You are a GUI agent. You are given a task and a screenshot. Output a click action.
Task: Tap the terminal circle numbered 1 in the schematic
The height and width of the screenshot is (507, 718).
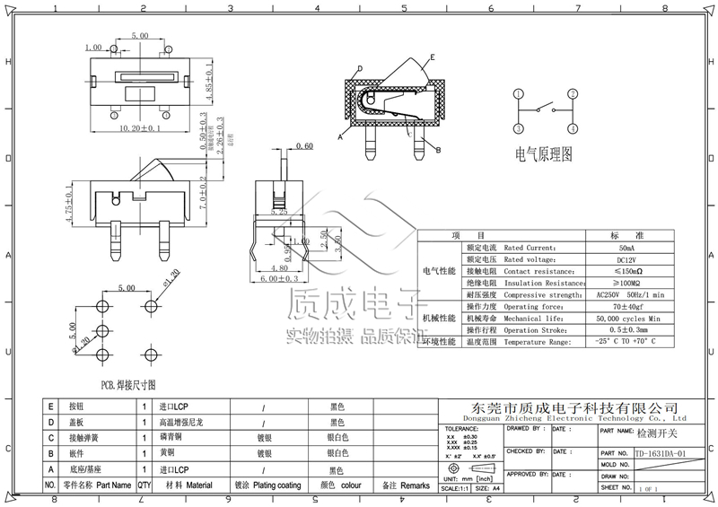click(x=519, y=93)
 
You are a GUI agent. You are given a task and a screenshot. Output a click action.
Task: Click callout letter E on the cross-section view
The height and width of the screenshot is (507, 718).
click(x=432, y=57)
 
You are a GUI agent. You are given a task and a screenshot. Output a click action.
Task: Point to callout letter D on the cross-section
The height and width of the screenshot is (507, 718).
click(x=359, y=69)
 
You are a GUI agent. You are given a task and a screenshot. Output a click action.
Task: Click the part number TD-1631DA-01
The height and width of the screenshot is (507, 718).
click(x=660, y=454)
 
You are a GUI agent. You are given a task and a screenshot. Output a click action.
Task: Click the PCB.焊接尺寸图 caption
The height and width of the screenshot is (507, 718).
click(x=127, y=382)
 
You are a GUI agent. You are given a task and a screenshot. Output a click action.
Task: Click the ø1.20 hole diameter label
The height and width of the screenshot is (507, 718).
click(x=171, y=278)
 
